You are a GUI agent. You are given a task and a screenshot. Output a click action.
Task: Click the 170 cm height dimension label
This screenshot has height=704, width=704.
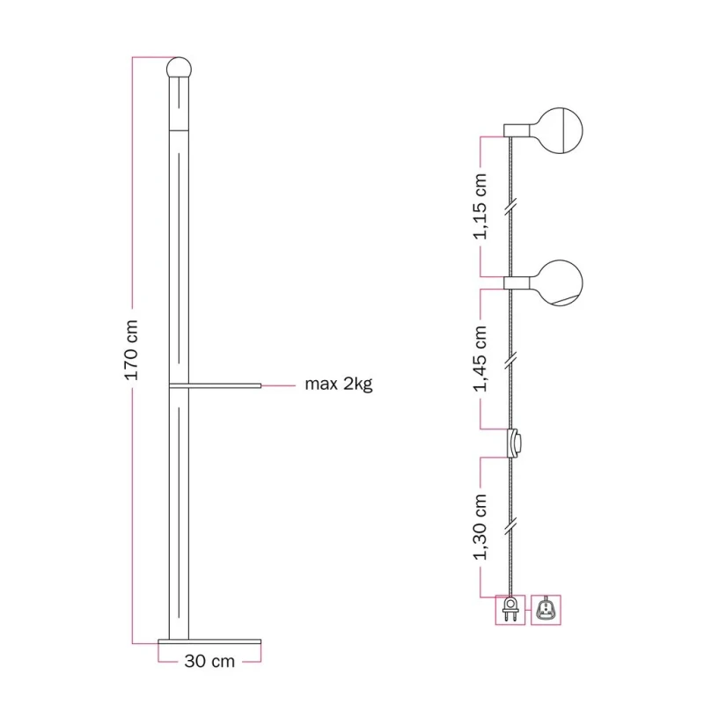[x=131, y=350]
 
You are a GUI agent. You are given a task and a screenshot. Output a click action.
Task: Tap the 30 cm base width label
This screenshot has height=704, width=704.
[x=209, y=662]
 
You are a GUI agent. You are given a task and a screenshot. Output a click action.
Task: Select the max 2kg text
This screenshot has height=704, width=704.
[x=339, y=385]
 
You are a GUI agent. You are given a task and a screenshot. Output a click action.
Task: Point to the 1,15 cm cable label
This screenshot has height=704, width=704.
[x=480, y=207]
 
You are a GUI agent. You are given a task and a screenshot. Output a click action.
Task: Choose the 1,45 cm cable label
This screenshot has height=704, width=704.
[x=480, y=359]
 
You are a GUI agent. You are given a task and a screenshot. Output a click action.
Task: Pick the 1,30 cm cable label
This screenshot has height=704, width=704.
[x=480, y=526]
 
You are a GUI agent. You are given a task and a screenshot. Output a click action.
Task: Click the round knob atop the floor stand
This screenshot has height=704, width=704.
[x=179, y=69]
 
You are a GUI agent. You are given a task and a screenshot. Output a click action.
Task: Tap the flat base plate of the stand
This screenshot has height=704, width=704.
[x=209, y=642]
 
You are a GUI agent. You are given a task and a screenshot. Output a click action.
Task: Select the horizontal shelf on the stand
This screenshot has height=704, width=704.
[x=215, y=385]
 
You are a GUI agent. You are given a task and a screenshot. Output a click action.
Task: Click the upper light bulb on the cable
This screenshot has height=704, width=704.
[x=560, y=130]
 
